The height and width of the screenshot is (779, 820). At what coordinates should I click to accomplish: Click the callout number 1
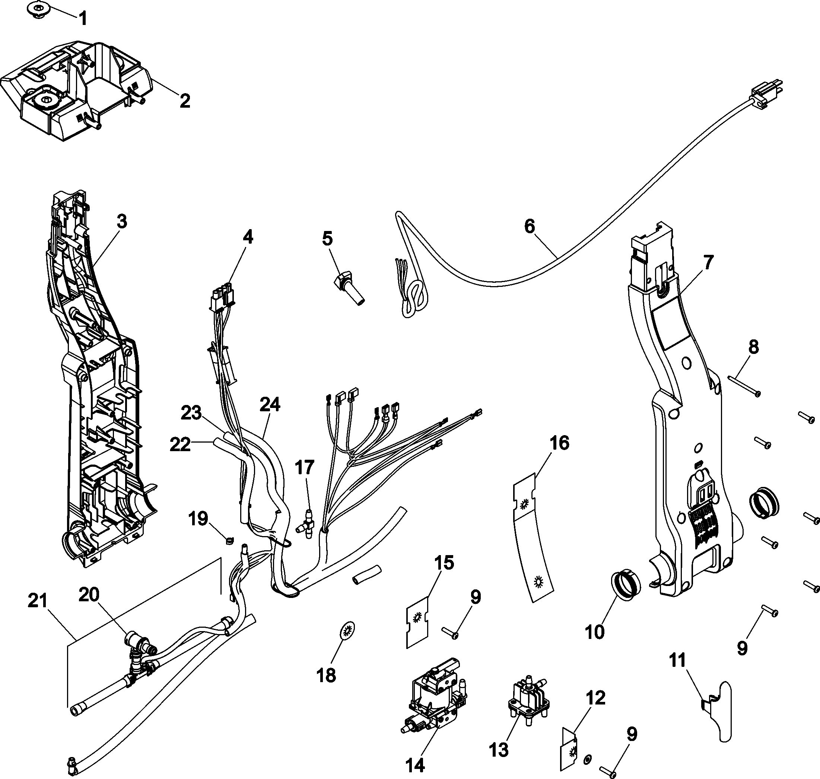(x=83, y=19)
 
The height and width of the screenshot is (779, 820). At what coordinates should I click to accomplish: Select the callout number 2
(x=185, y=101)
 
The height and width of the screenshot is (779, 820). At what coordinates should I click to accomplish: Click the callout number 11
(x=678, y=660)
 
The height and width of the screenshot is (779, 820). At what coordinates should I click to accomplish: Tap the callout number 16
(x=559, y=443)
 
